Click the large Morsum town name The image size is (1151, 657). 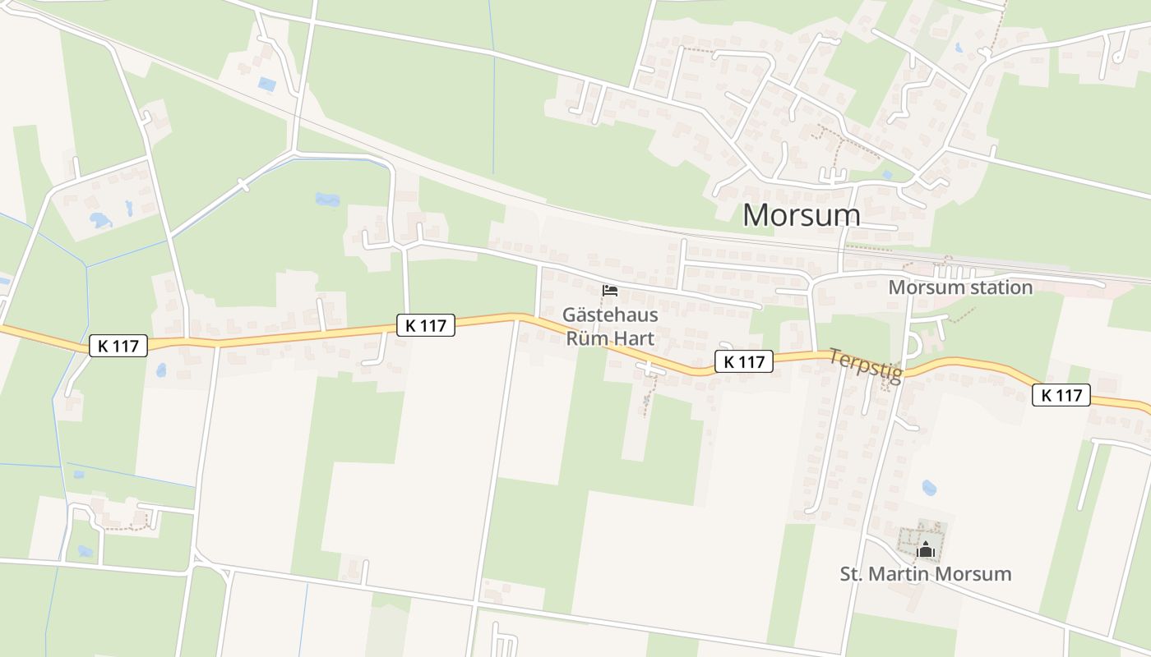[x=802, y=215]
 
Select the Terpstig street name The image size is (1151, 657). [x=866, y=365]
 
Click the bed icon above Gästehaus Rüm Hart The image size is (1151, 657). [x=610, y=291]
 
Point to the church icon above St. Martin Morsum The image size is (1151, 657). [x=927, y=549]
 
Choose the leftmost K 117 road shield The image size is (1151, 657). [x=118, y=346]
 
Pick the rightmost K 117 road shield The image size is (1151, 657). [x=1061, y=395]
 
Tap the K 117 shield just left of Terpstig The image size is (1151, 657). [x=744, y=361]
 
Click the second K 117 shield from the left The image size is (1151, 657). [x=426, y=325]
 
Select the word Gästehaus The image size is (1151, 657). [x=610, y=315]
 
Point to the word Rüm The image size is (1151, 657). [x=587, y=338]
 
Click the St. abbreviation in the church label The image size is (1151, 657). [x=850, y=573]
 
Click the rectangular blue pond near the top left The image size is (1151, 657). [x=267, y=84]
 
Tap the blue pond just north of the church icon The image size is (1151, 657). [x=929, y=488]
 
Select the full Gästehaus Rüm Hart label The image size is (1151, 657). [x=610, y=326]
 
